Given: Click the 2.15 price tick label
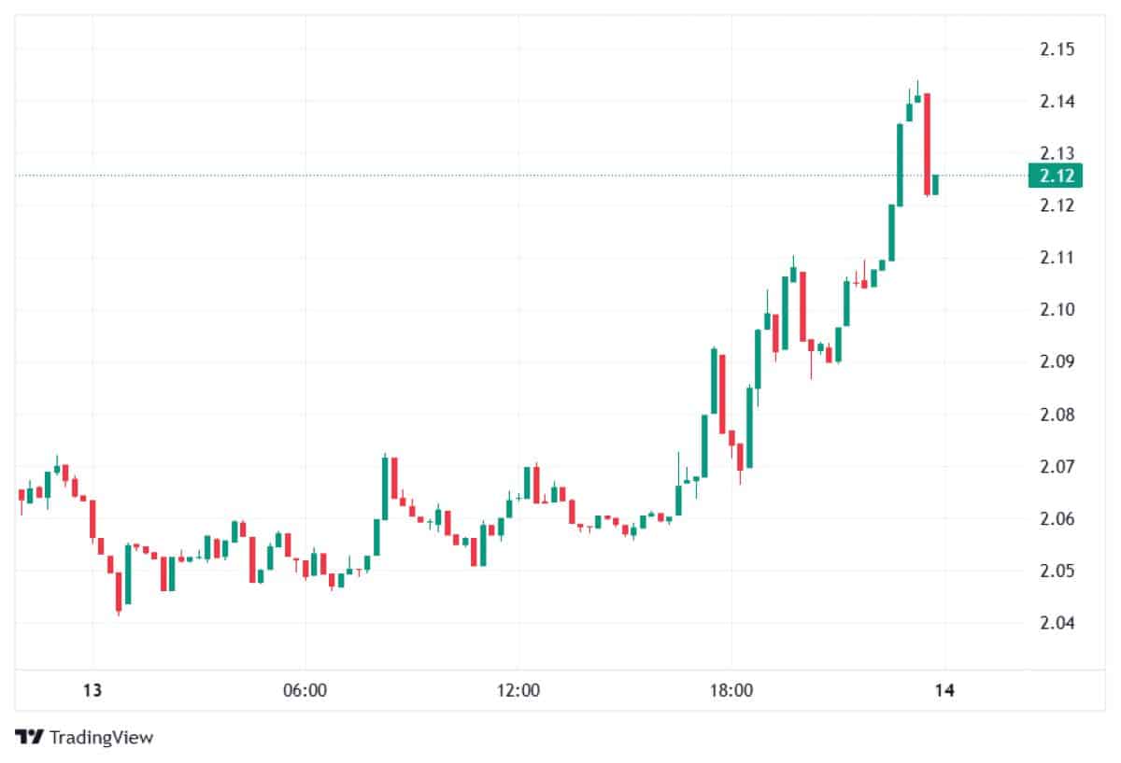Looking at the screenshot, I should [x=1057, y=49].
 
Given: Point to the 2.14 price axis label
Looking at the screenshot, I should [x=1057, y=101].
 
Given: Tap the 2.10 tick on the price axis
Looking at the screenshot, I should [x=1057, y=310].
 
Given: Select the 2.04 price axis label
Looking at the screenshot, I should [x=1057, y=624].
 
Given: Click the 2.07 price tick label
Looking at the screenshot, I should [x=1057, y=467].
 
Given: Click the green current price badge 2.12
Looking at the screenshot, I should [x=1056, y=176].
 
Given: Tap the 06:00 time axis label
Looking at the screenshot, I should [x=305, y=692].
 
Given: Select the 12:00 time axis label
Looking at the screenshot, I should [x=518, y=692].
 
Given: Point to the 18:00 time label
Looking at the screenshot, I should [x=731, y=692].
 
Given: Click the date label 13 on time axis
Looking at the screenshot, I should [x=92, y=692].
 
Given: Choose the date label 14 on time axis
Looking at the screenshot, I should [x=944, y=692].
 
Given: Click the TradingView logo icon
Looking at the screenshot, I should [x=29, y=737].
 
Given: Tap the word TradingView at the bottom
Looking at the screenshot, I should [x=101, y=738].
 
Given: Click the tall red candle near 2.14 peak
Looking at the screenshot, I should [x=927, y=145].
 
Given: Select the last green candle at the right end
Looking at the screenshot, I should [x=935, y=184].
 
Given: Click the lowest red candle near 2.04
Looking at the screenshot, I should [x=119, y=592].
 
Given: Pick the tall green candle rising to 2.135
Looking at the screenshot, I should [x=900, y=164].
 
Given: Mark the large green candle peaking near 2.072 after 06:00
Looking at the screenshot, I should [x=385, y=487].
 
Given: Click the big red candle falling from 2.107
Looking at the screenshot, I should [x=802, y=306].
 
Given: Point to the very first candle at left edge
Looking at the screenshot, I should [x=21, y=496].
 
